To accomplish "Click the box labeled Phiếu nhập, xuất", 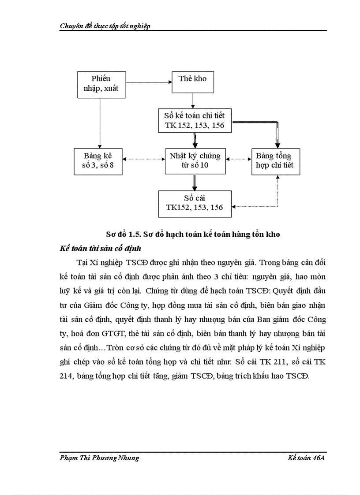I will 101,85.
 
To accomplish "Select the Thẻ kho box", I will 192,82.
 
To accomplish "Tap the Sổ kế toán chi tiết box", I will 195,120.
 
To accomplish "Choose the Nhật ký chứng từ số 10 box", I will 195,160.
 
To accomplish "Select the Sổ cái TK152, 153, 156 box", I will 195,203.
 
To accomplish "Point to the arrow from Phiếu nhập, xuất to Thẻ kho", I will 149,82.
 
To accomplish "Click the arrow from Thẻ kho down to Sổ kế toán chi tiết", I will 193,100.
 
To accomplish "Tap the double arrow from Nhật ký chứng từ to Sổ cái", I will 194,182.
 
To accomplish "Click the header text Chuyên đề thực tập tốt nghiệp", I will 105,26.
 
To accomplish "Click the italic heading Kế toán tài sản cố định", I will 101,248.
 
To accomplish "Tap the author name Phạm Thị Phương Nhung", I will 99,458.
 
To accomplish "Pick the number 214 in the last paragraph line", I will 66,376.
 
